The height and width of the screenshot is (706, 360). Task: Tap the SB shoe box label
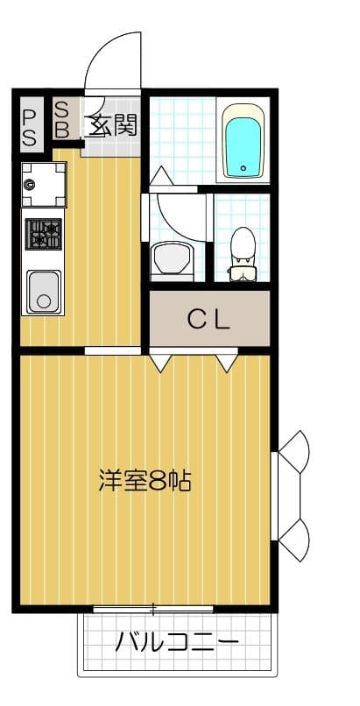pos(63,118)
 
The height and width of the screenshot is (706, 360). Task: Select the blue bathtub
pos(243,141)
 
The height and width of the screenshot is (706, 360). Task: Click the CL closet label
pos(208,319)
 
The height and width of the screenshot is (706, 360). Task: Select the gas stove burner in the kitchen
pos(43,235)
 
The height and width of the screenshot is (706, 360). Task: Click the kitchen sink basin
pos(42,292)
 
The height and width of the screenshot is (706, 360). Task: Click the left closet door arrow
pos(159,361)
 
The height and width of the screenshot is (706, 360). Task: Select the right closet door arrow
pos(227,360)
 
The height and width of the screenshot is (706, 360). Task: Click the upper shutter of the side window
pos(295,450)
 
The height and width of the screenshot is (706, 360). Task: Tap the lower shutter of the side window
pos(295,540)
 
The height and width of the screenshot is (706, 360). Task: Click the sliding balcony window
pos(153,607)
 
